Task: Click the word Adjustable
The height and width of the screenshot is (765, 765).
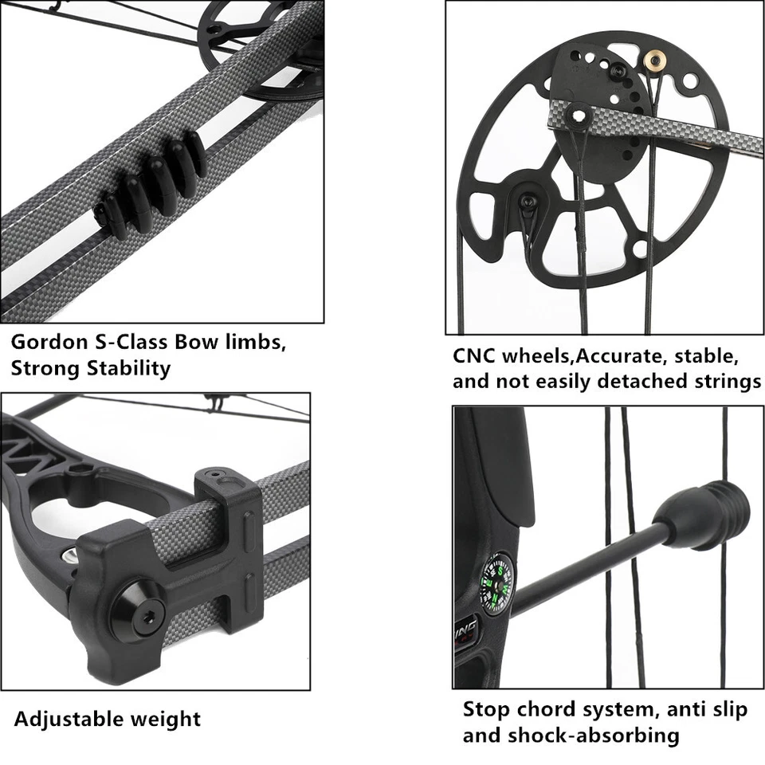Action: (x=65, y=720)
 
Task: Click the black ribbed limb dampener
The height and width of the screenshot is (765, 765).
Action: (x=151, y=182)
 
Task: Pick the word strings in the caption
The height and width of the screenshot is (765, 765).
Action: (x=722, y=382)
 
